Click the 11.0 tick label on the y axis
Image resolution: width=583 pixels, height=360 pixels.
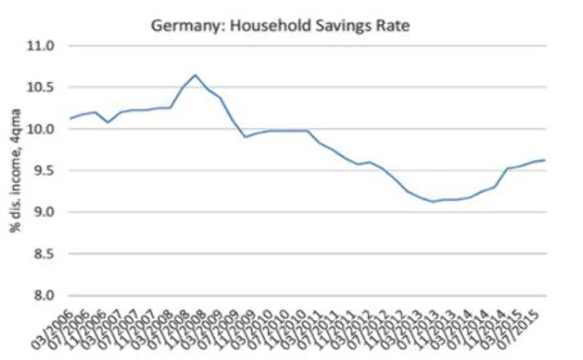tap(41, 46)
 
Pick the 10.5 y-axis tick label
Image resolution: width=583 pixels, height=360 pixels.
tap(41, 87)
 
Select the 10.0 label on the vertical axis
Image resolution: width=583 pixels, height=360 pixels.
tap(41, 129)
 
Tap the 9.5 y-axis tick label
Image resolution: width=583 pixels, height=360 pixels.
tap(44, 171)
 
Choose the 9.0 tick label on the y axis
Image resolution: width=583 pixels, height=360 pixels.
tap(44, 212)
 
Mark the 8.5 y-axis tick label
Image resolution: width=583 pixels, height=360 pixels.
tap(44, 254)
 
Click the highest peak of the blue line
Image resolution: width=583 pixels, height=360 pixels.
tap(195, 74)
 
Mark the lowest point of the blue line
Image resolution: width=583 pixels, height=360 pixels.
tap(434, 202)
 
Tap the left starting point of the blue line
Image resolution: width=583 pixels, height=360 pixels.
tap(70, 118)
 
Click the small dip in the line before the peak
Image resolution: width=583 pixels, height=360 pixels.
tap(108, 122)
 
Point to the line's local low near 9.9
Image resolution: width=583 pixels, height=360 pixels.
tap(246, 136)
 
